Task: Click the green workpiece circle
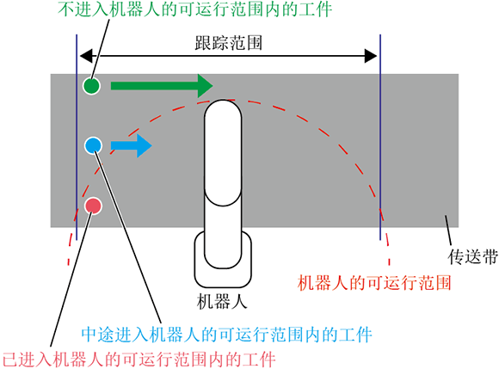[92, 85]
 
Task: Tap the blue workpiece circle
[93, 145]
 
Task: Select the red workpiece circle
[93, 206]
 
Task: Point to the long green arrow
[162, 85]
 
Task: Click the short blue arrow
[131, 145]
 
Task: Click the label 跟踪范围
[229, 43]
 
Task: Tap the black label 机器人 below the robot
[222, 301]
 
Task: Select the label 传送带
[473, 256]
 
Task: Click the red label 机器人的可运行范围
[374, 282]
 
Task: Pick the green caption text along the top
[194, 9]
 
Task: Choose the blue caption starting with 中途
[226, 335]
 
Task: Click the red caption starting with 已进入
[139, 360]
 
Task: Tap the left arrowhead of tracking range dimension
[86, 56]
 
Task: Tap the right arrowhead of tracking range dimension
[371, 56]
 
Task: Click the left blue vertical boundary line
[77, 137]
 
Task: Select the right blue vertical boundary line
[380, 137]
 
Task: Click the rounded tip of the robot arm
[223, 108]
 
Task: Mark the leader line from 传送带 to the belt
[448, 231]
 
